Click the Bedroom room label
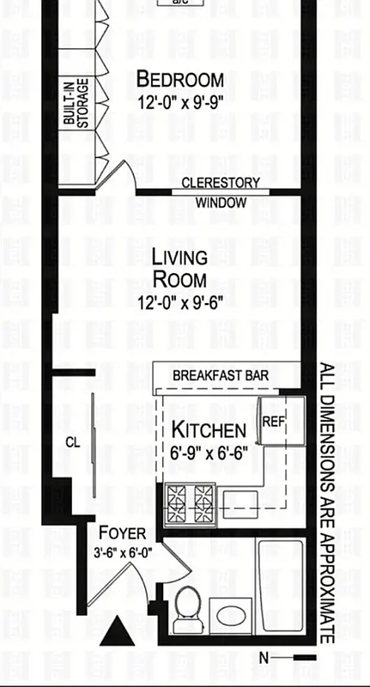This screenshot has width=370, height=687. tap(180, 80)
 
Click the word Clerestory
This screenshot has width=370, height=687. tap(221, 183)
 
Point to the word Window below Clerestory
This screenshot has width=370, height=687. tap(221, 204)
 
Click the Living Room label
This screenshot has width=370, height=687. tap(179, 268)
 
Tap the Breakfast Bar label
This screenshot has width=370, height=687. tap(221, 376)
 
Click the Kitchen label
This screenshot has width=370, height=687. tap(209, 429)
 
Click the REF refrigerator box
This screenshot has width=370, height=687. tap(273, 421)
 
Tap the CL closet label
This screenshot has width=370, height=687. tap(73, 443)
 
